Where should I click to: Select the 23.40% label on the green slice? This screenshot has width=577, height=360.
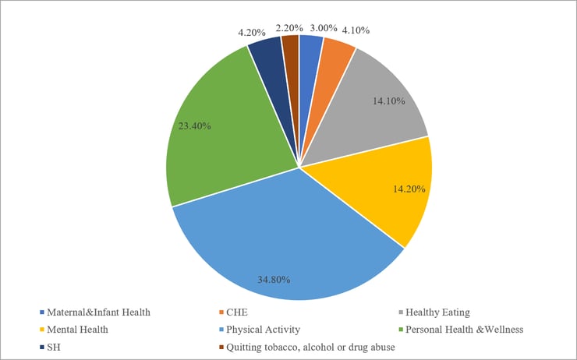pos(194,125)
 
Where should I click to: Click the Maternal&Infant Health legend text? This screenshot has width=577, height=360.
pos(99,312)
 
